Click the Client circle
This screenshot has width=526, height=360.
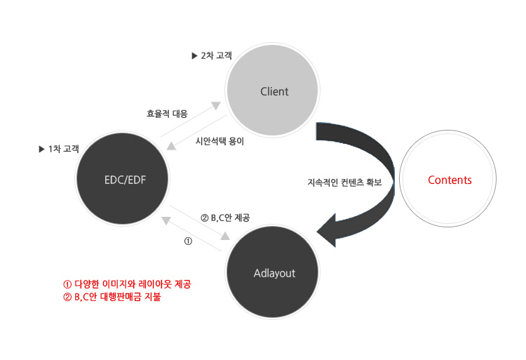click(272, 90)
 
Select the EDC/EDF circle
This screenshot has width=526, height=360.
click(122, 178)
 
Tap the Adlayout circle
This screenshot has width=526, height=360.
click(272, 272)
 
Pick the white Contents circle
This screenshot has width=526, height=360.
click(448, 178)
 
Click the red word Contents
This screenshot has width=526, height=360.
click(450, 180)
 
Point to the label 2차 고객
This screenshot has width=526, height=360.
click(217, 55)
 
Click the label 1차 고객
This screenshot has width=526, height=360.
click(64, 149)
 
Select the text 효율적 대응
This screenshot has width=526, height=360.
click(167, 114)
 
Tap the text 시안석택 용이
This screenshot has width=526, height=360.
click(220, 141)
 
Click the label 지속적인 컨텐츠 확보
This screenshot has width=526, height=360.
click(345, 182)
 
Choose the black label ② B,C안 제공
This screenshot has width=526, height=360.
click(225, 218)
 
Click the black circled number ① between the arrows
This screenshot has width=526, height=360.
click(188, 241)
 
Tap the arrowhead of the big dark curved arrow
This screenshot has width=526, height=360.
click(327, 230)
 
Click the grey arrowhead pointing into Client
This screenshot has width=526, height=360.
click(216, 105)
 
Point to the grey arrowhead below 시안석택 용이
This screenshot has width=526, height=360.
click(171, 146)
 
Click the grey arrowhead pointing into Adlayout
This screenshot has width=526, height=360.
click(225, 236)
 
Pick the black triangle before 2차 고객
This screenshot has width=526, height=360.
click(194, 55)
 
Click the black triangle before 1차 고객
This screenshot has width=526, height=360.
click(42, 149)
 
